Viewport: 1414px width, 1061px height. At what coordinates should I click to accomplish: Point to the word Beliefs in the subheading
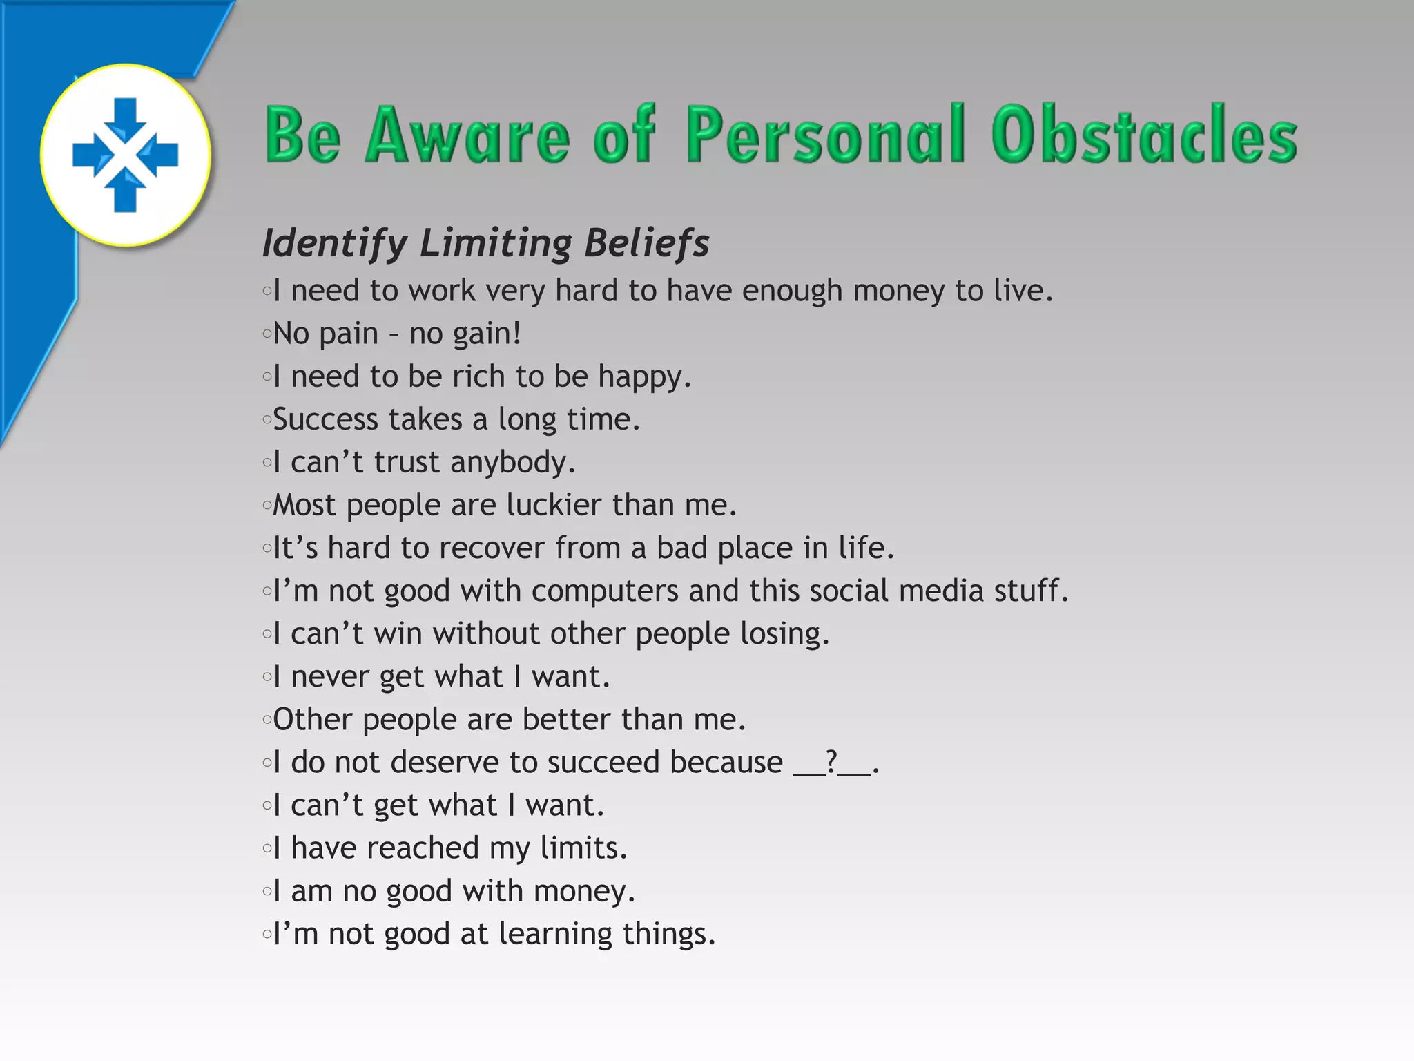pos(646,243)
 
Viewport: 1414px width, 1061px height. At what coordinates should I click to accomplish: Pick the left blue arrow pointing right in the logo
pos(90,155)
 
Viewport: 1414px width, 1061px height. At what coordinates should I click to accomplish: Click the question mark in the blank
pos(832,762)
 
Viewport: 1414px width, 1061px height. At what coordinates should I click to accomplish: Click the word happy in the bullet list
pos(643,377)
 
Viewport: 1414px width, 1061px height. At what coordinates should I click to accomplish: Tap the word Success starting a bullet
pos(325,419)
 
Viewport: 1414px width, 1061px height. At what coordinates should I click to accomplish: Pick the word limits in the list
pos(582,848)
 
